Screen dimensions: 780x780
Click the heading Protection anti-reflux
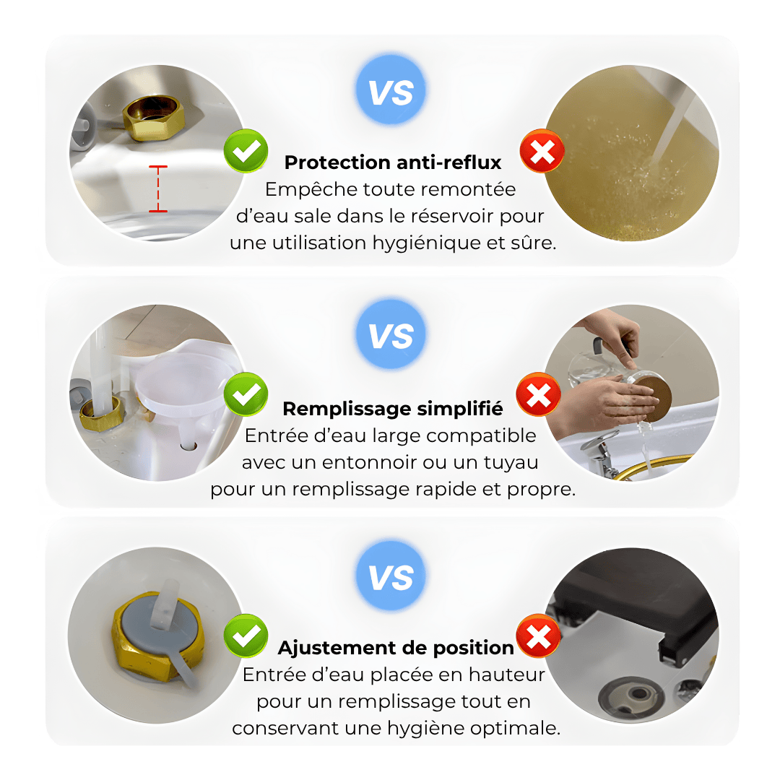tap(392, 162)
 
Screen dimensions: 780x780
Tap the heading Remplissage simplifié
tap(392, 408)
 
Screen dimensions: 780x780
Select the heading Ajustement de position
tap(396, 648)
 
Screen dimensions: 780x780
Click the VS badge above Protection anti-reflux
tap(391, 90)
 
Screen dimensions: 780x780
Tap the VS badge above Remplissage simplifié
tap(391, 334)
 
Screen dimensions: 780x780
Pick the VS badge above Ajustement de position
tap(391, 576)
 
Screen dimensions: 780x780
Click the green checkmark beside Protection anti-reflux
tap(246, 150)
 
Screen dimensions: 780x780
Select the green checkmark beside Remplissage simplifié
tap(246, 394)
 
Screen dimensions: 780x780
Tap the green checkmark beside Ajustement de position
tap(246, 636)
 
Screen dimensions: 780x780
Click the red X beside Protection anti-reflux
tap(542, 151)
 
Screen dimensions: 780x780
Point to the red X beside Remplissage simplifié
tap(538, 394)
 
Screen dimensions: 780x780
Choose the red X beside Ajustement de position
tap(538, 636)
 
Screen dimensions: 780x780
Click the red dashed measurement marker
tap(158, 189)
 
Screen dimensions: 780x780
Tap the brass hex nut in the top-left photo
tap(154, 118)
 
